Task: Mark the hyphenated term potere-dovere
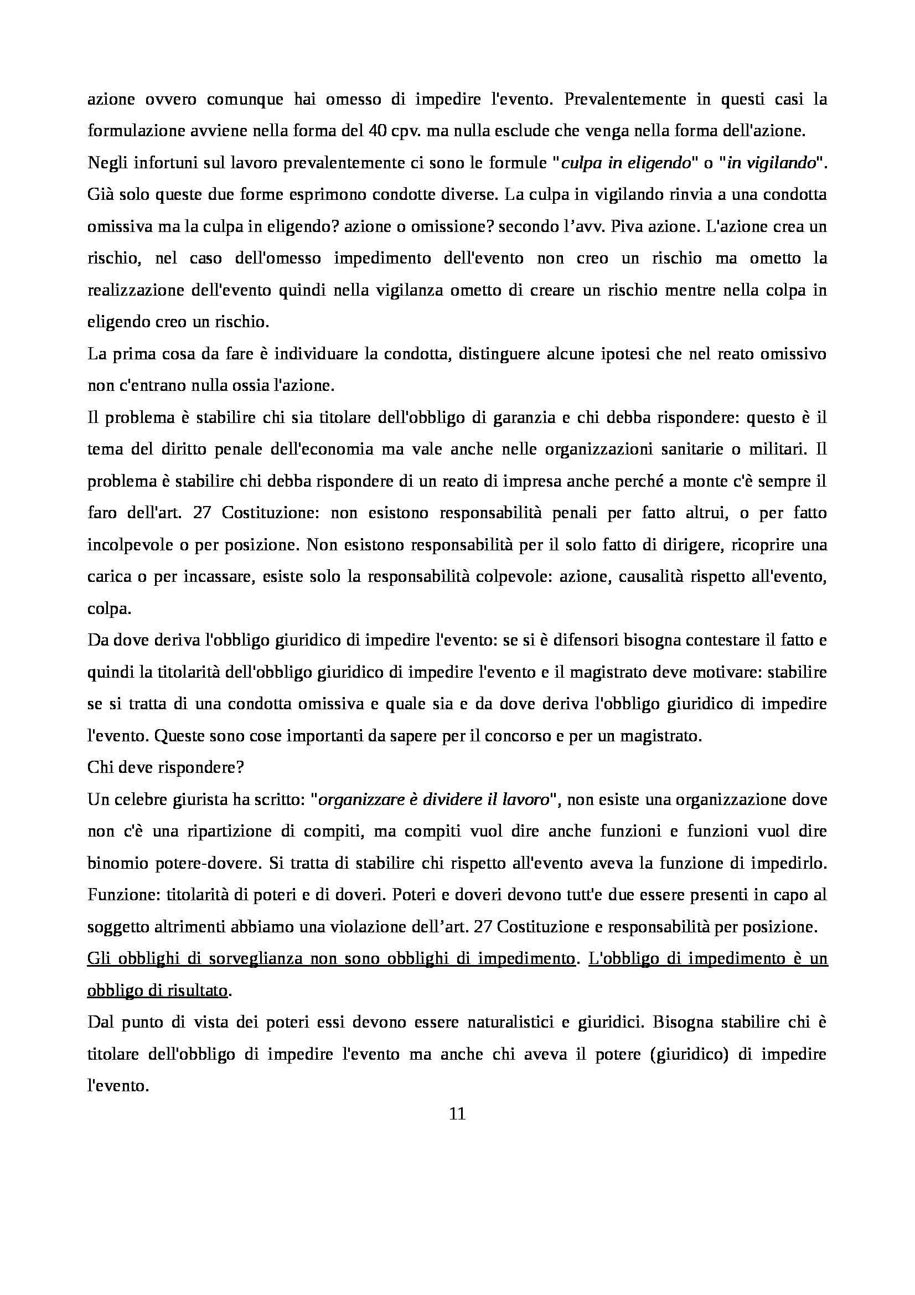197,864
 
